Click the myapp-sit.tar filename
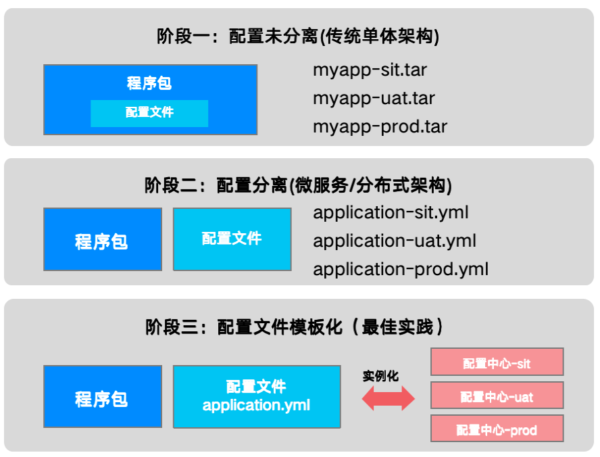[370, 70]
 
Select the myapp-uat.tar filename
[374, 99]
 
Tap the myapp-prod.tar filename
[380, 127]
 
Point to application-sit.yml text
[391, 213]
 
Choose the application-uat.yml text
[395, 241]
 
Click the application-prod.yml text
[401, 270]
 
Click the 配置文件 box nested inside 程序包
[149, 114]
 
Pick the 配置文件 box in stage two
[232, 239]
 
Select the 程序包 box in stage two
[103, 239]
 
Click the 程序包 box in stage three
[103, 397]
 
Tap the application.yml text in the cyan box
[256, 406]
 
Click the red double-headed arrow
[389, 398]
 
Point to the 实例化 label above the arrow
[380, 377]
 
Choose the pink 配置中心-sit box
[497, 362]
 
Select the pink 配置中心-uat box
[497, 395]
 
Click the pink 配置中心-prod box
[497, 429]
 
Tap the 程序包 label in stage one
[149, 83]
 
